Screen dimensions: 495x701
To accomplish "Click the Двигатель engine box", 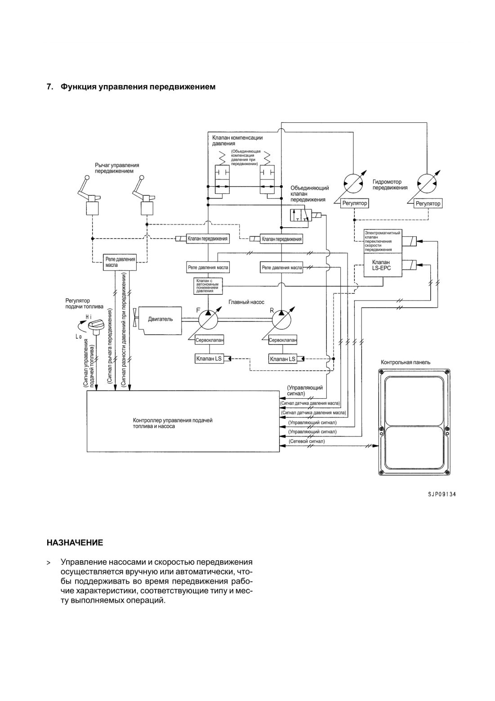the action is point(160,320).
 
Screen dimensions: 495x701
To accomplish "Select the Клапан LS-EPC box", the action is point(383,265).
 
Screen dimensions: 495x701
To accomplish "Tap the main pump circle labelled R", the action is point(281,320).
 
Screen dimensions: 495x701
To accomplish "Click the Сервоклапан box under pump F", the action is point(209,340).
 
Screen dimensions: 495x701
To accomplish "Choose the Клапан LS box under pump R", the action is point(282,359).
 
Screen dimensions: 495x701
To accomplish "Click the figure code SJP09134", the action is point(441,494).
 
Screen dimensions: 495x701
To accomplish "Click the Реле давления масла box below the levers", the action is point(120,262).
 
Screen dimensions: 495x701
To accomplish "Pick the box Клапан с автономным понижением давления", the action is point(208,286).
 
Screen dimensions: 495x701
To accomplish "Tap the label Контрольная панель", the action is point(406,362).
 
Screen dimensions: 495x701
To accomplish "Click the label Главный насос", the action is point(246,302).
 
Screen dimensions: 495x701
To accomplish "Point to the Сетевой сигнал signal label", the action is point(307,441).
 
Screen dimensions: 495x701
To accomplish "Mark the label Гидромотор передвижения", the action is point(390,184).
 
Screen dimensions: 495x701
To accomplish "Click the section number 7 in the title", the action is point(49,87).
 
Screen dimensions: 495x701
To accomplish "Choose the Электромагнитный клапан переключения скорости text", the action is point(382,241).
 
